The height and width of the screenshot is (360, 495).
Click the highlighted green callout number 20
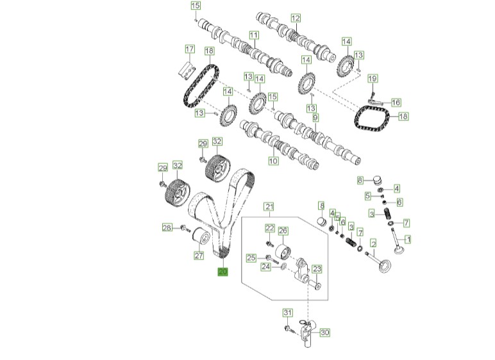click(x=223, y=272)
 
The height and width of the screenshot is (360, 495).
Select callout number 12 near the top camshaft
click(x=295, y=18)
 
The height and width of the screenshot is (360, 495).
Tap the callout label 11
click(x=253, y=35)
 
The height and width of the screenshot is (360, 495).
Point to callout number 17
click(x=189, y=49)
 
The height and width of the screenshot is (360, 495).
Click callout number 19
click(x=373, y=79)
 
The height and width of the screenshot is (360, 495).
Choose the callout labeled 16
click(x=396, y=102)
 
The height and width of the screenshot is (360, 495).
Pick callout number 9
click(x=315, y=118)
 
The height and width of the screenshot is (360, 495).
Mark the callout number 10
click(x=273, y=161)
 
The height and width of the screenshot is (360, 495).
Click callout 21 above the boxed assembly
click(x=269, y=206)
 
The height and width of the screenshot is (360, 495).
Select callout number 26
click(x=283, y=231)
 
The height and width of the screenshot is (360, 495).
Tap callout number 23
click(x=317, y=270)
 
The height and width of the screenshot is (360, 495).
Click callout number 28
click(x=167, y=227)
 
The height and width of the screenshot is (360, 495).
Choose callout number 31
click(x=288, y=313)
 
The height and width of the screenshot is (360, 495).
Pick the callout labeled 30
click(x=324, y=332)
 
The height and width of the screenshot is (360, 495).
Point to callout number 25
click(x=251, y=258)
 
